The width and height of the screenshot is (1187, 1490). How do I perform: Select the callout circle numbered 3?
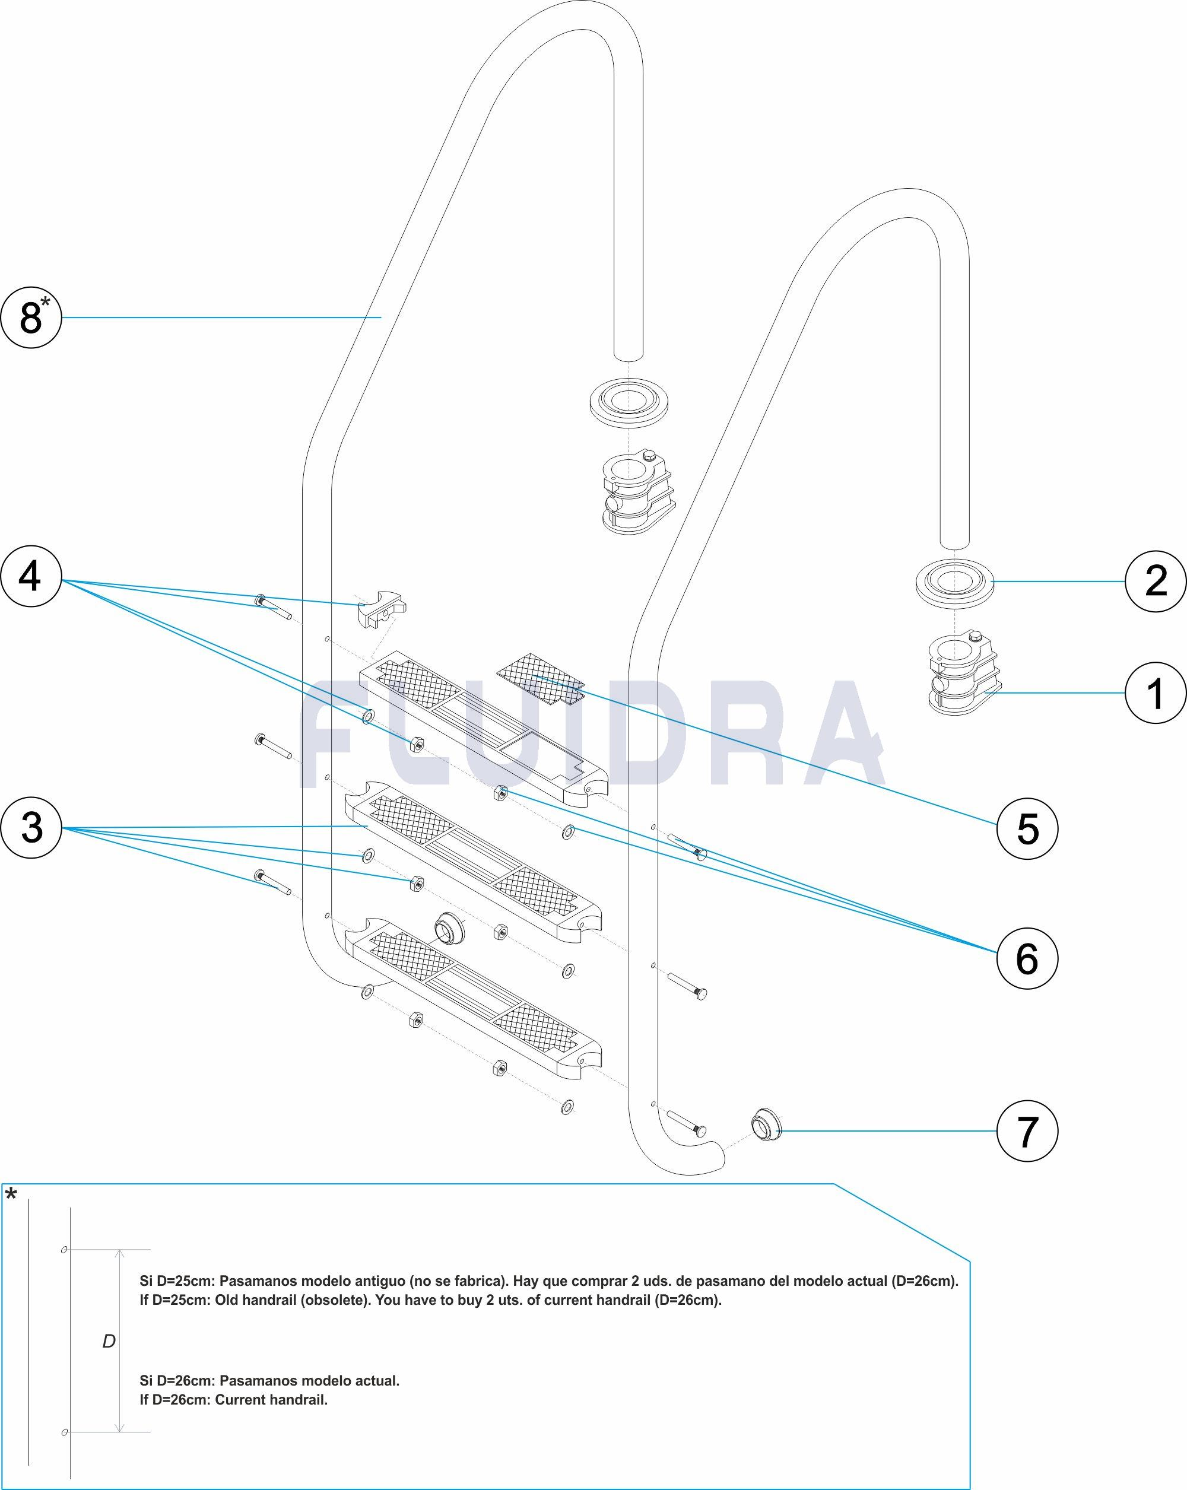pos(32,827)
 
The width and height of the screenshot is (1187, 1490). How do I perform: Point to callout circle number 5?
pos(1027,828)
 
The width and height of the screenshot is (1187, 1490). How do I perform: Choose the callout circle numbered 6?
pos(1027,957)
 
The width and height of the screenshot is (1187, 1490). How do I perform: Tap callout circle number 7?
pos(1027,1130)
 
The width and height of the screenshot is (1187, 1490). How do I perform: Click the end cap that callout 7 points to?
pos(765,1125)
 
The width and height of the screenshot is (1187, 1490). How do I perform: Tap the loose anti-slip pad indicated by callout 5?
pos(541,680)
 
